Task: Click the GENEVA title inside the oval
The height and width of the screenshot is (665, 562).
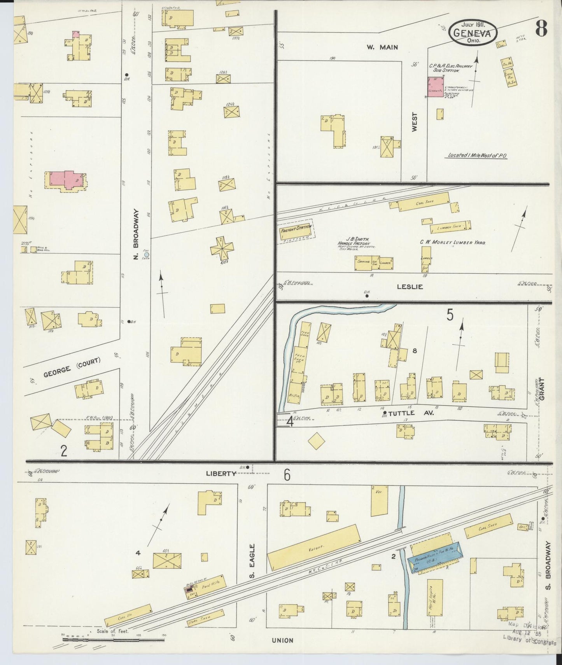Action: (x=473, y=33)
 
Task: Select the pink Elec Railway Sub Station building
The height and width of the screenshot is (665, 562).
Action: (x=436, y=86)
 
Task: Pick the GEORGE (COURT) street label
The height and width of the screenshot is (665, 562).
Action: (x=72, y=367)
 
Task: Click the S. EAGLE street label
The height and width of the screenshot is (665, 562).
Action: (x=252, y=561)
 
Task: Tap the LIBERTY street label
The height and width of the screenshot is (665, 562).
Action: (x=221, y=473)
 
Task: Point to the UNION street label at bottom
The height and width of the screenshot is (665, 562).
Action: (x=282, y=640)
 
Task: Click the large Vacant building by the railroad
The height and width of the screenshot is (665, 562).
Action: (x=314, y=548)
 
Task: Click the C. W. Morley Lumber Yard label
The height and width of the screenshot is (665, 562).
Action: (x=453, y=242)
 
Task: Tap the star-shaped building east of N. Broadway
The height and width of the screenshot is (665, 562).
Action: (x=222, y=248)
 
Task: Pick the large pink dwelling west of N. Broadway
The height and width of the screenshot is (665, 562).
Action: (x=67, y=180)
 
